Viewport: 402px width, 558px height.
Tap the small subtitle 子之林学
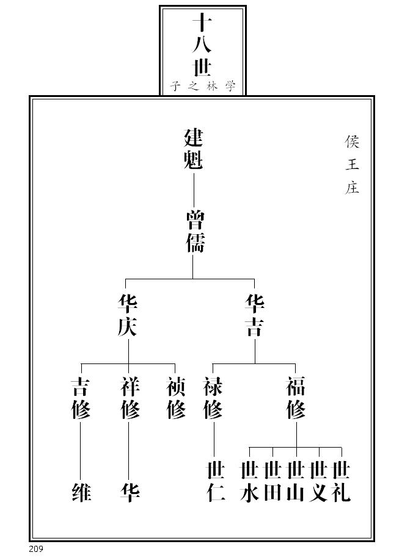coord(202,86)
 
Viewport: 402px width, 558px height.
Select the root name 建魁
coord(193,149)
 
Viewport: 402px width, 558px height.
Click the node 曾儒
coord(194,232)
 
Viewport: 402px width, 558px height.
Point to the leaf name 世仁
coord(216,482)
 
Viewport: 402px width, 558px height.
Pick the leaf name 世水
coord(249,482)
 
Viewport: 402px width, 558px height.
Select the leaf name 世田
coord(272,482)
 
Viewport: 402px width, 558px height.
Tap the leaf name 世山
coord(296,482)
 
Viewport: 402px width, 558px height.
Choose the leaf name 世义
coord(318,482)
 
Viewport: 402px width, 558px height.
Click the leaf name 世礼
coord(341,482)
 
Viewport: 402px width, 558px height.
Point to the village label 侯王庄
coord(351,165)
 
